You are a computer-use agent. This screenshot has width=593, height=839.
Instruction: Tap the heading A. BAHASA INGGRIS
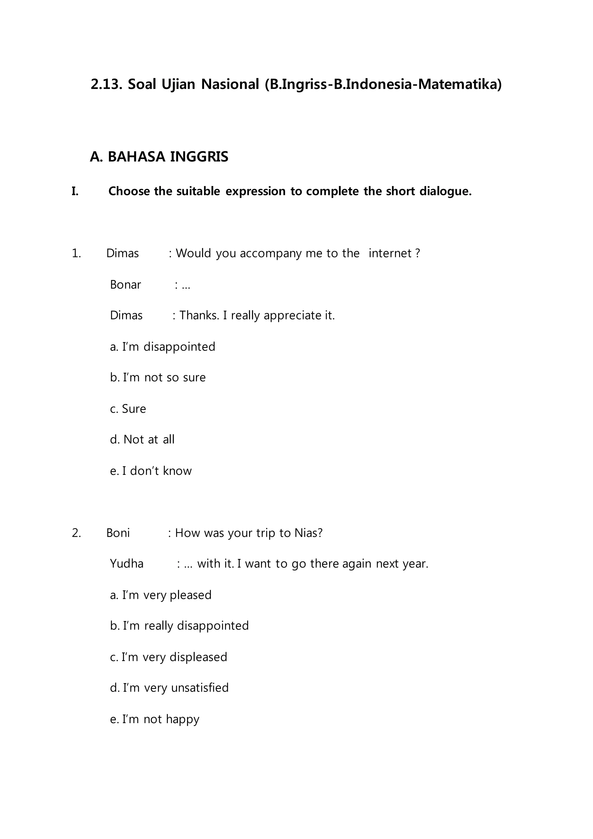159,157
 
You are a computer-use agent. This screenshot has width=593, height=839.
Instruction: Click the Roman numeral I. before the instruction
75,191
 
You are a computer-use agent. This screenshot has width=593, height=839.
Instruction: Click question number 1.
76,253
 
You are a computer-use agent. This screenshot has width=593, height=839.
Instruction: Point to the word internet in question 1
390,253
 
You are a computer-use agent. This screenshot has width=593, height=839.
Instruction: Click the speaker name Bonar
125,285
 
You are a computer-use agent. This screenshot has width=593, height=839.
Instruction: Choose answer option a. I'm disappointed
162,346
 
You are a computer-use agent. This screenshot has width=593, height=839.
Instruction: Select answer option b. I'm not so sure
158,377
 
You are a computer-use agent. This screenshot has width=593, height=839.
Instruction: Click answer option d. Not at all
142,439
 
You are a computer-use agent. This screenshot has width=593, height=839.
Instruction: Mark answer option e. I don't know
151,471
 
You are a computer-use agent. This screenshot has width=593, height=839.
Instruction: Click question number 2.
76,533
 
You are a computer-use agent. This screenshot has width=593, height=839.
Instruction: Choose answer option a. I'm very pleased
161,595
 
